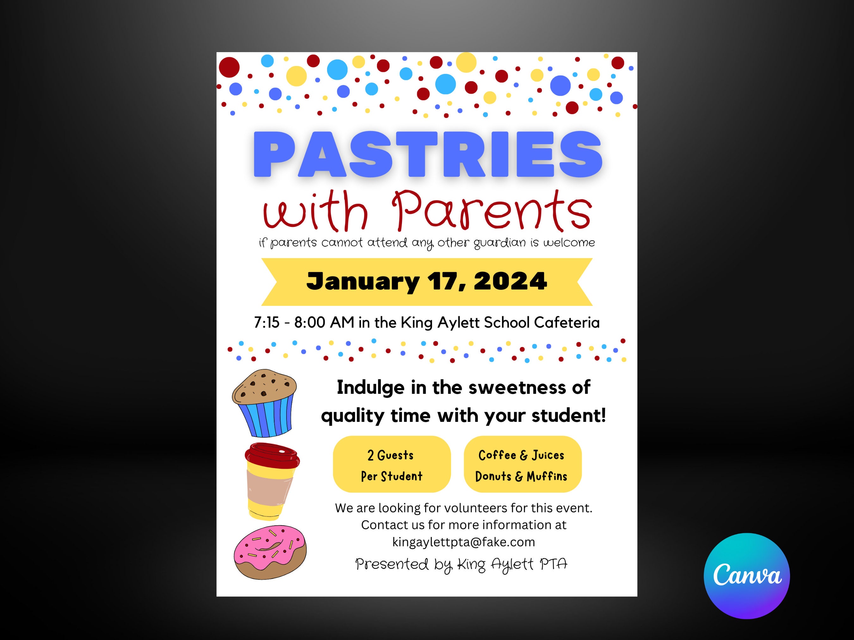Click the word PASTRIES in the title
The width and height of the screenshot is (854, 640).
tap(427, 154)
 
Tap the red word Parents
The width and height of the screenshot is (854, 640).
tap(492, 211)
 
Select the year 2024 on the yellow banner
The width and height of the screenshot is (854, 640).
tap(510, 281)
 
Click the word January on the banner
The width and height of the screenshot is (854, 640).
tap(362, 282)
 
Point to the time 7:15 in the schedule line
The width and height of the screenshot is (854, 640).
tap(266, 322)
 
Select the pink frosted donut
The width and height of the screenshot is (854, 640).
tap(270, 552)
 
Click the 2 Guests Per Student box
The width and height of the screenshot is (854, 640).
tap(392, 465)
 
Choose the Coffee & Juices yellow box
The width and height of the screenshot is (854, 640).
tap(522, 465)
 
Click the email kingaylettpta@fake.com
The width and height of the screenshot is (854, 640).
tap(463, 542)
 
